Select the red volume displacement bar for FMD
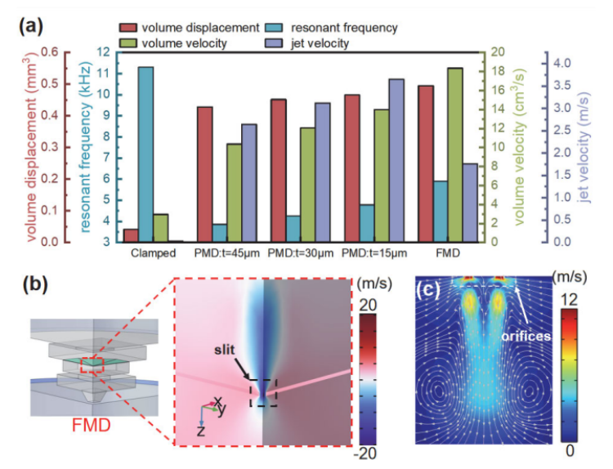tap(426, 163)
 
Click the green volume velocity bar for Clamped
tap(161, 228)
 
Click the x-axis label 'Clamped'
tap(153, 253)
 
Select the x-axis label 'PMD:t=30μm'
tap(299, 253)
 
